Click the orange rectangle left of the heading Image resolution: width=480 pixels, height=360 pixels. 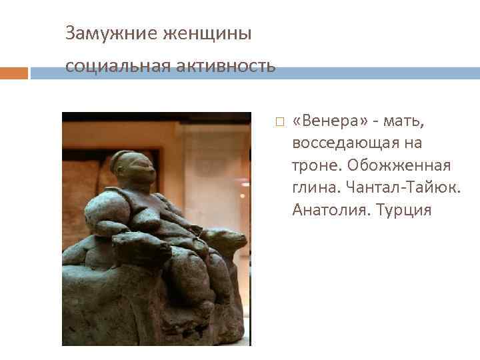(x=13, y=72)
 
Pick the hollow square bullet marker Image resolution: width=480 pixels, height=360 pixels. (x=279, y=122)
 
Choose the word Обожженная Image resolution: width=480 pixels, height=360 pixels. (x=405, y=165)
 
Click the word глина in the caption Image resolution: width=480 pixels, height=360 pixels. (x=313, y=187)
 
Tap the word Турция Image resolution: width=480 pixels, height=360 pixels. (x=404, y=209)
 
